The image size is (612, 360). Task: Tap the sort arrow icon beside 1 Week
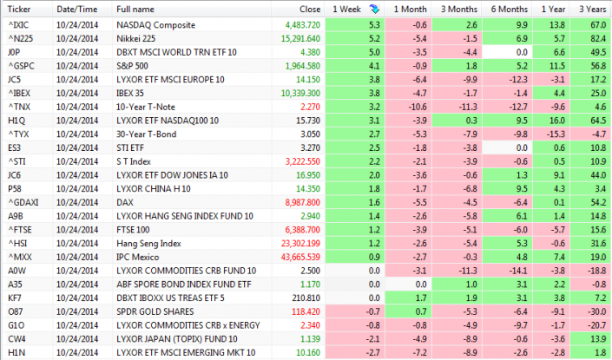372,9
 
